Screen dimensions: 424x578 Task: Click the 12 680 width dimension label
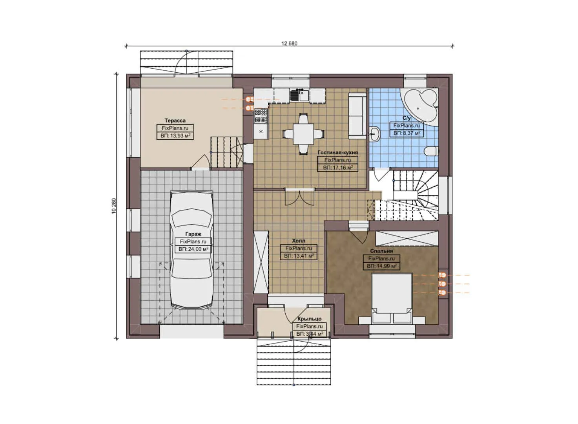point(289,43)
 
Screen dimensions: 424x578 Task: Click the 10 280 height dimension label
point(114,206)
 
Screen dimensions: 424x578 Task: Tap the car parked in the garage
point(192,251)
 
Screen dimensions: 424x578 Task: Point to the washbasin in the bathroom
point(374,133)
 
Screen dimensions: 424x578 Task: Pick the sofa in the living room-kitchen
point(356,115)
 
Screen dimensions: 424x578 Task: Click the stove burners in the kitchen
point(261,115)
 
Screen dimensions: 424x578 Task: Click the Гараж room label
point(193,234)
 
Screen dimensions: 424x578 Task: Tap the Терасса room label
point(175,121)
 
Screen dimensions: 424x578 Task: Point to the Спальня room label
point(381,251)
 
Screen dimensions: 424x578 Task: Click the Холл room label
point(298,241)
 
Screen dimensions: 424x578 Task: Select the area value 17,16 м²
point(337,168)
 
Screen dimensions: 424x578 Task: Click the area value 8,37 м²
point(407,133)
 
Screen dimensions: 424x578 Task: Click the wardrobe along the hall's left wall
point(261,262)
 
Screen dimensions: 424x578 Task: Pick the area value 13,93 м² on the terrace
point(175,136)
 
